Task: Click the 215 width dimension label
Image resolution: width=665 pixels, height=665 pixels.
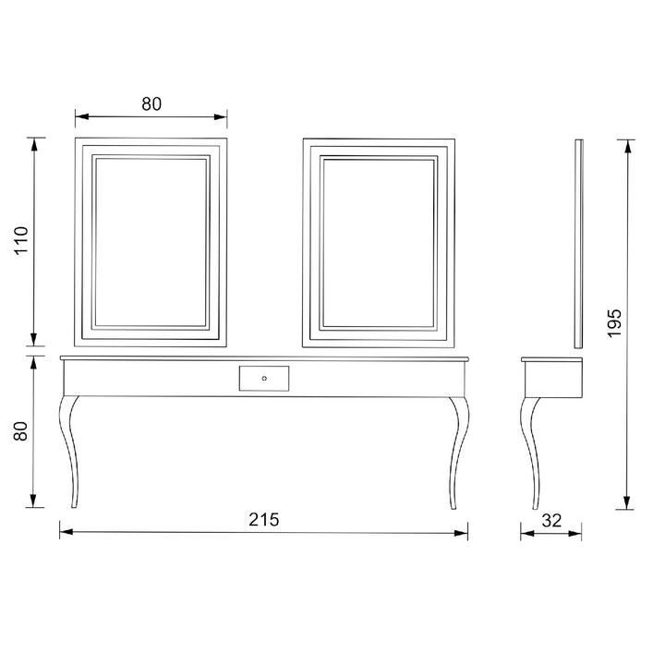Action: point(264,519)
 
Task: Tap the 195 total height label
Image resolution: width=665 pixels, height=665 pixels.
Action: point(614,323)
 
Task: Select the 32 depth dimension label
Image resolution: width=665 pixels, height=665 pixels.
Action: point(551,520)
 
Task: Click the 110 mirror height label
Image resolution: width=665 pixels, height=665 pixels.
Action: point(20,240)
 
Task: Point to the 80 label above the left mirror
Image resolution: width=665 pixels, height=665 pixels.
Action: point(151,103)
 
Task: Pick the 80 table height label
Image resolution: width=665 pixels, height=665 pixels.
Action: point(20,431)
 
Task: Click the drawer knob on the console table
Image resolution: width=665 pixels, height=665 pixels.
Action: point(264,379)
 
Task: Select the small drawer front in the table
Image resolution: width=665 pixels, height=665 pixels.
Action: point(264,379)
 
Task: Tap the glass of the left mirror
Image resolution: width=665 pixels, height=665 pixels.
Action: point(151,243)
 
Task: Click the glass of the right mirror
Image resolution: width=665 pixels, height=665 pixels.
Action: point(379,244)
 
